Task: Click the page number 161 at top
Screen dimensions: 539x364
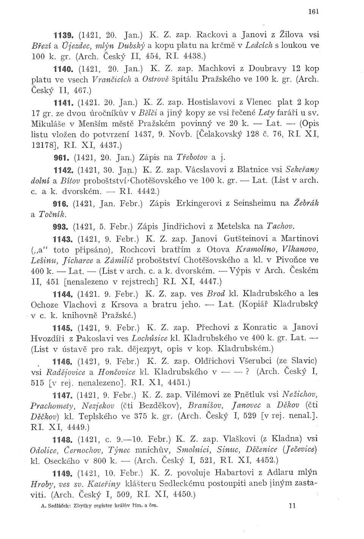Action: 313,11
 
